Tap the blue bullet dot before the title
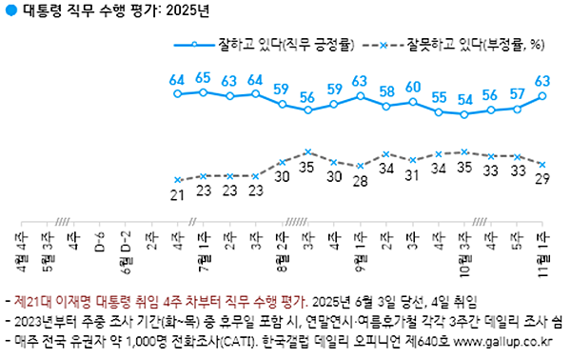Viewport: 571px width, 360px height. click(9, 10)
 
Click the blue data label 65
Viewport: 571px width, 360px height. click(203, 78)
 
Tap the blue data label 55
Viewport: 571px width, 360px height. click(439, 97)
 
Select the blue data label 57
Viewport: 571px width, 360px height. click(518, 93)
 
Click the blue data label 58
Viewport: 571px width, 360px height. click(386, 91)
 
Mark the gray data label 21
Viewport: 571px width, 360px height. click(176, 195)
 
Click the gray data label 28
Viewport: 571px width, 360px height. click(360, 181)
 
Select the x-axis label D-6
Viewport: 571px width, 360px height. click(98, 238)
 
